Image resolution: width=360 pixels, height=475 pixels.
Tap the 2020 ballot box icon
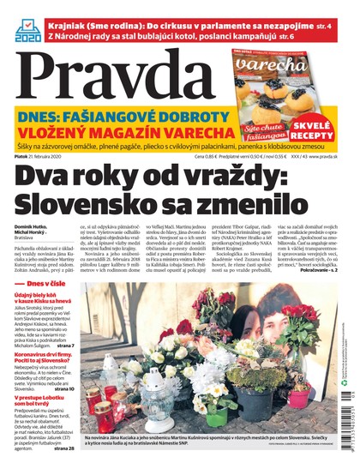coord(28,29)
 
